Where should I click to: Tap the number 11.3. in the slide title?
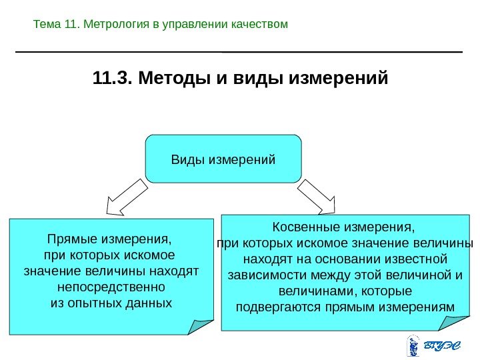113,80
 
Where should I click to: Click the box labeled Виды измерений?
223,159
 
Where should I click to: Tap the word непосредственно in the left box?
111,288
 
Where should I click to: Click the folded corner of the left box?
200,326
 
